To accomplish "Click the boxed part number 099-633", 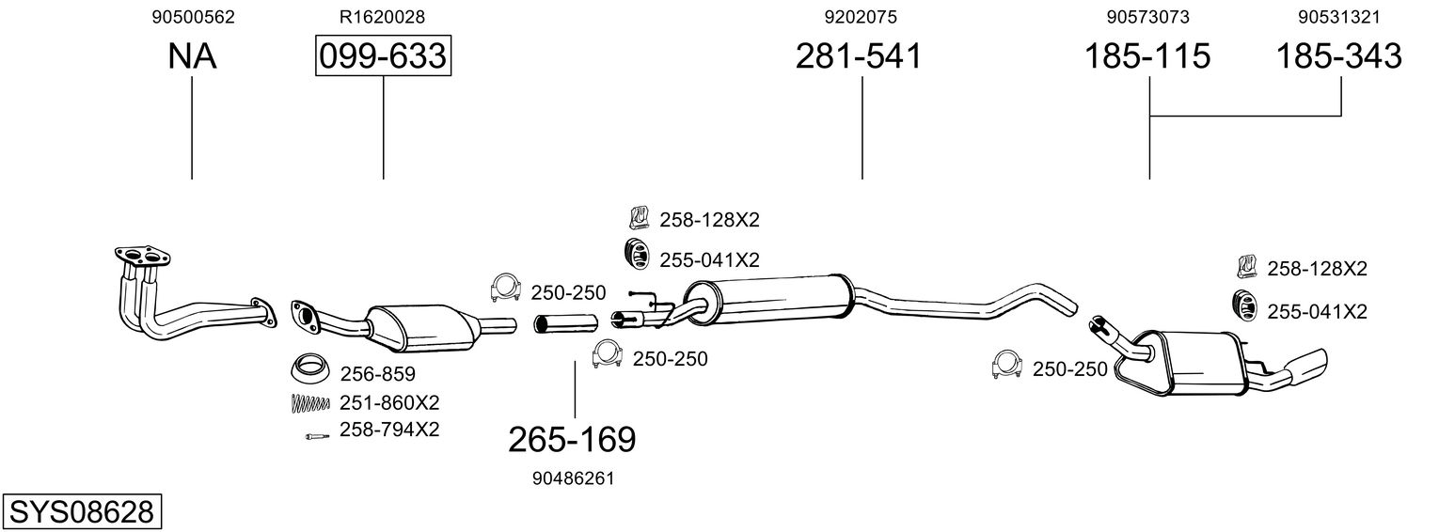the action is (x=383, y=56).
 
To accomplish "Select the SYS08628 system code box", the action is (x=81, y=512).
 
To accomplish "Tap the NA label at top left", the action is (x=192, y=56).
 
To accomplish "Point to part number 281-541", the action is (x=859, y=56).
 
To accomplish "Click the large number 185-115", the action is (x=1147, y=56).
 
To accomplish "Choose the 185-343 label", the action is (x=1338, y=56).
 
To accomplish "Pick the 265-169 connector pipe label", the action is (x=572, y=438).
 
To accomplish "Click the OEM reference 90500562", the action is (x=193, y=17).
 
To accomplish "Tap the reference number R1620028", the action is (x=382, y=17).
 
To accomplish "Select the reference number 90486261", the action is (x=573, y=478).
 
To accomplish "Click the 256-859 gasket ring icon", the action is (x=307, y=370).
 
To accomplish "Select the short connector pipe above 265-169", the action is (x=565, y=324).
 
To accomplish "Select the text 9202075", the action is (x=860, y=17).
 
